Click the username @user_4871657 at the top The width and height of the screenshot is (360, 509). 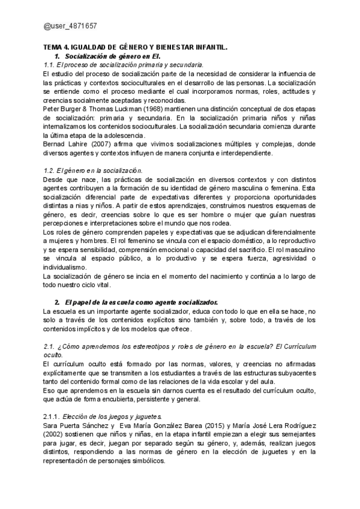point(70,26)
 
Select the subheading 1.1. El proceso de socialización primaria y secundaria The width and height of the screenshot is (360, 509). point(124,64)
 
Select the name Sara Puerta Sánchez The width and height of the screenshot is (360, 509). point(76,427)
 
